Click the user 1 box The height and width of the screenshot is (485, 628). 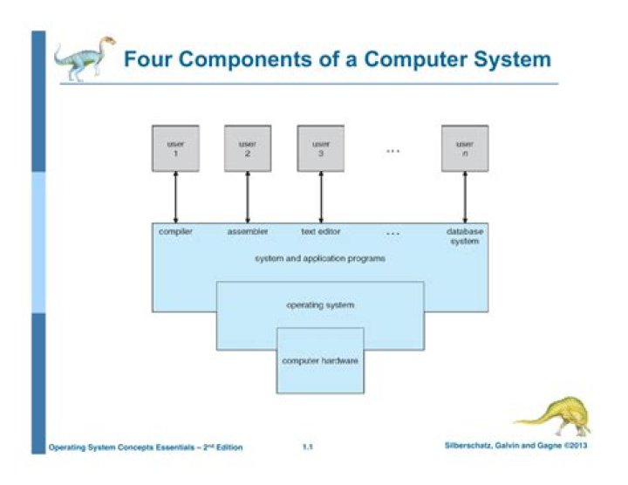pos(174,148)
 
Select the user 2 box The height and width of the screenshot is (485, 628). pos(248,148)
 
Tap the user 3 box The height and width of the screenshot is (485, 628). pos(321,148)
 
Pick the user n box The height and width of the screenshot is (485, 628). pos(464,148)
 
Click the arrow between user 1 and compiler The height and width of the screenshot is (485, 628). pos(175,198)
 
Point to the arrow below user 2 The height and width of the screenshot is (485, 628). pos(249,198)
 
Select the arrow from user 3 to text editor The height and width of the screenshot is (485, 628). pos(322,198)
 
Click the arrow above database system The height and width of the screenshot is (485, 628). pos(465,198)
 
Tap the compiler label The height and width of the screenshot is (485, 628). pos(175,232)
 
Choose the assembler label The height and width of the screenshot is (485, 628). pos(248,232)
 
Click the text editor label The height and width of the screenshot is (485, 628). pos(321,232)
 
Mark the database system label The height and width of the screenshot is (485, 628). pos(465,236)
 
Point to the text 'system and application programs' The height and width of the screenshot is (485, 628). pos(320,259)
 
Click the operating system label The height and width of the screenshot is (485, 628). pos(320,305)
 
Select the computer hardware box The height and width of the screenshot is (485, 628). pos(320,360)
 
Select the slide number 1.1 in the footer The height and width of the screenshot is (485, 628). pos(308,447)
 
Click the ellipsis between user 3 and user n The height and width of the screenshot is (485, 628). pos(392,151)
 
